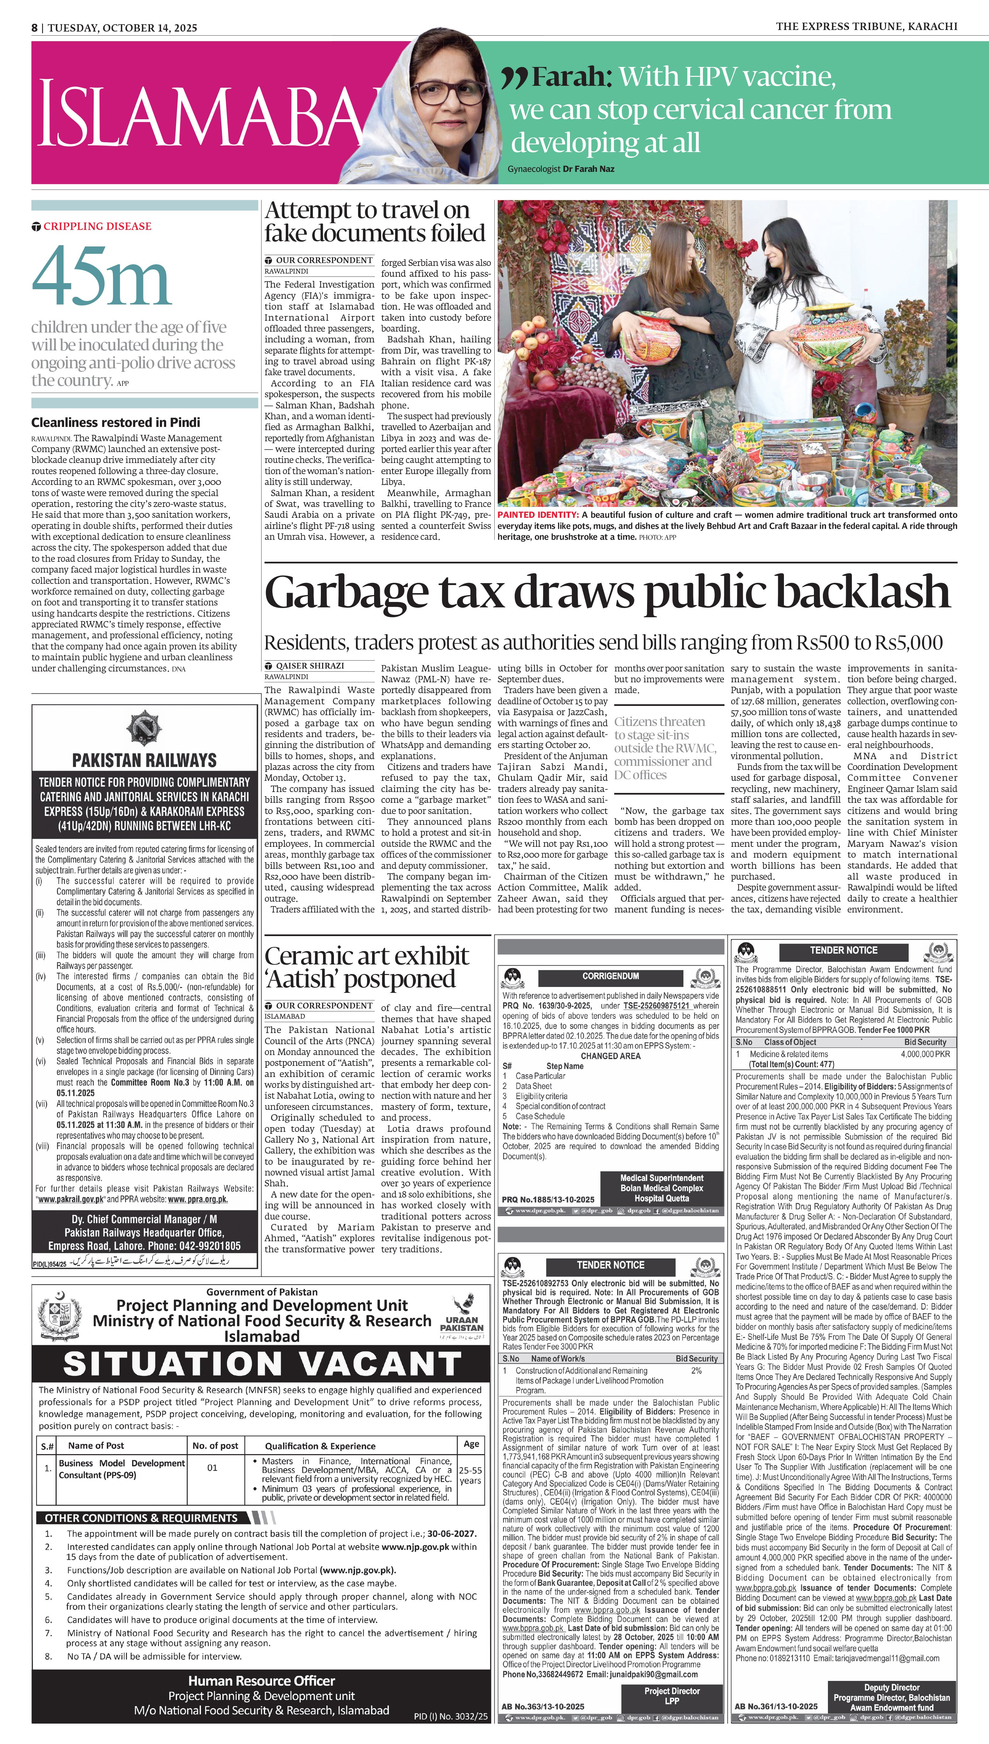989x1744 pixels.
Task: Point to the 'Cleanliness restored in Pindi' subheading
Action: coord(115,422)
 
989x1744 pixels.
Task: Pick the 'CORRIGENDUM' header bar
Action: coord(610,976)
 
